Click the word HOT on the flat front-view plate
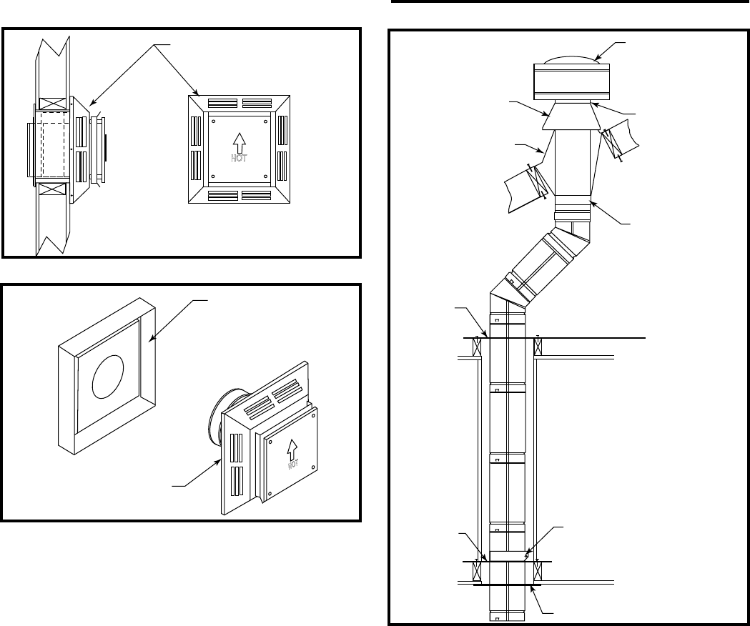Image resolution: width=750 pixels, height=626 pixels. [x=239, y=157]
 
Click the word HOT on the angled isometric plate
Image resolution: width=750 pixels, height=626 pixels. [x=293, y=464]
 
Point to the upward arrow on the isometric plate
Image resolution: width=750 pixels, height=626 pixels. [x=292, y=449]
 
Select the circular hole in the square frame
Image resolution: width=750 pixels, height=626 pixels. [x=108, y=377]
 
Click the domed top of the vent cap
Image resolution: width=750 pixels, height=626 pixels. [x=571, y=60]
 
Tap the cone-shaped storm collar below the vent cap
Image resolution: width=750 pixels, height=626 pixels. [x=571, y=116]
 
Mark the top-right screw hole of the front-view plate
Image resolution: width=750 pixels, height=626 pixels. [x=265, y=121]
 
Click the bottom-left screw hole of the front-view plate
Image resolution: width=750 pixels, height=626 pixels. [x=213, y=176]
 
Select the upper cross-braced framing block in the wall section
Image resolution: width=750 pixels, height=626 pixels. [x=52, y=104]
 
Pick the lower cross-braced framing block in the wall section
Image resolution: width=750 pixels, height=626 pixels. [x=52, y=189]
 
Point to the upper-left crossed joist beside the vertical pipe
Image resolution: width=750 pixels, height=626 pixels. [x=477, y=347]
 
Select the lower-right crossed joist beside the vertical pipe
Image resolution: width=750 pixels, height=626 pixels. [x=538, y=571]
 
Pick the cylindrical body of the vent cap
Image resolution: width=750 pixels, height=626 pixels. [x=571, y=81]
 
